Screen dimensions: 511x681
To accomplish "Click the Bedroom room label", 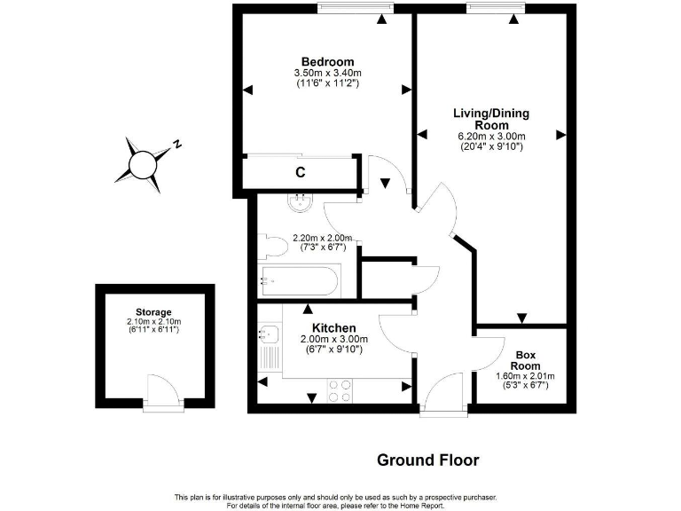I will click(x=320, y=61).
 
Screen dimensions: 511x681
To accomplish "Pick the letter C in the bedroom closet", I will click(x=301, y=172).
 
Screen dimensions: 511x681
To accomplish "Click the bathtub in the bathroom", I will click(x=298, y=282).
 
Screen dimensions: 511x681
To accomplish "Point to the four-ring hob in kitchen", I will click(x=340, y=390).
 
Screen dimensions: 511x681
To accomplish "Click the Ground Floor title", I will click(x=427, y=460).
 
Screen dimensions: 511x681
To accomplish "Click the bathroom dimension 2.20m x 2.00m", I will click(x=323, y=238).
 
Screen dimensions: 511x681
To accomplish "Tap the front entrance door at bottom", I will click(x=443, y=397).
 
